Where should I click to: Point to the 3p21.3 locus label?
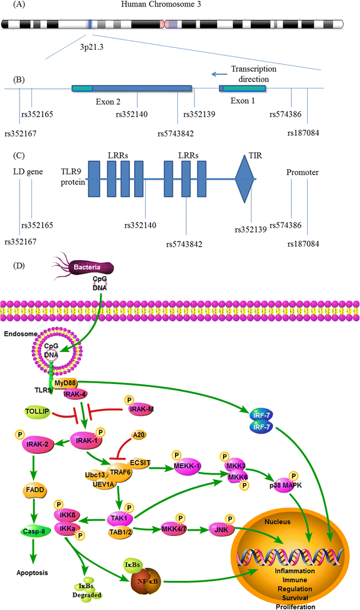90,44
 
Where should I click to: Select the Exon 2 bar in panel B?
132,88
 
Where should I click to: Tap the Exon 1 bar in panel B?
243,88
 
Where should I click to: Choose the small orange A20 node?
138,435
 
